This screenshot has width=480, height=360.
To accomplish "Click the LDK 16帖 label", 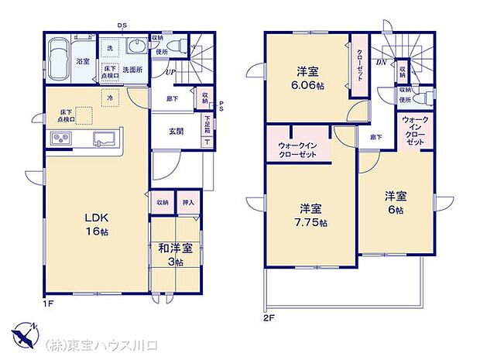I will click(97, 224).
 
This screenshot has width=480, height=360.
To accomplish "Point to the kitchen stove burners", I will click(60, 139).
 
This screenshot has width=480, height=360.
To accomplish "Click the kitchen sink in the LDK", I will click(104, 139).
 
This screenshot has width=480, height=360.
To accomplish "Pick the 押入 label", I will click(188, 203).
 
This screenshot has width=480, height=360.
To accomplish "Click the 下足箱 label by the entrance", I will click(208, 124).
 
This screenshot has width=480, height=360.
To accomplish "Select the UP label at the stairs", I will click(169, 73).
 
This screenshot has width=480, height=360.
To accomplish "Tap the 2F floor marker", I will click(269, 317).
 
